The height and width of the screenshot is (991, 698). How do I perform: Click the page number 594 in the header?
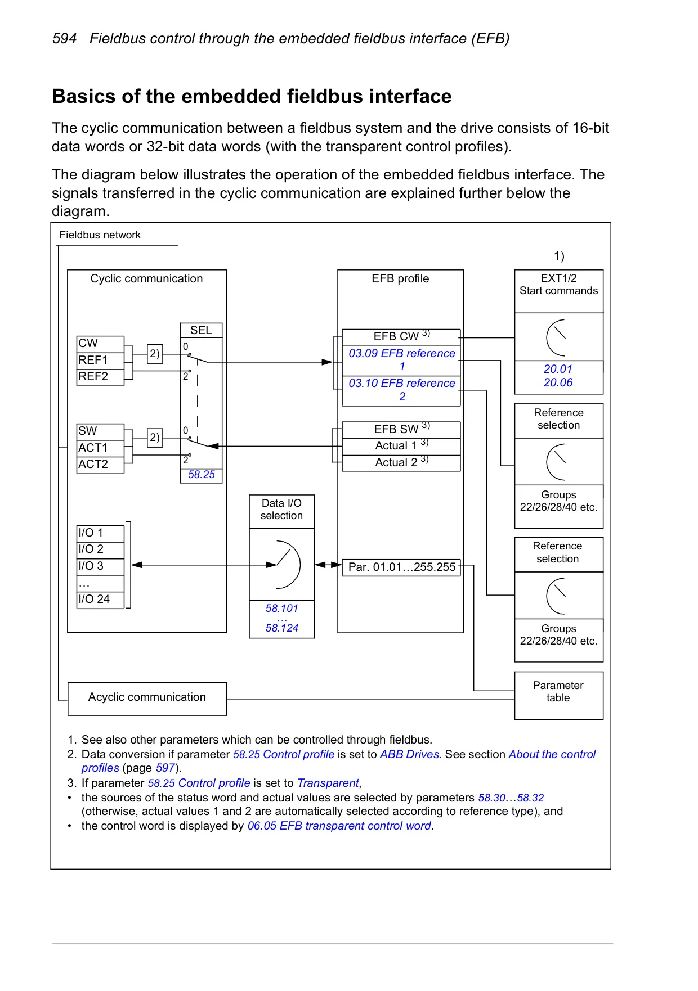coord(64,39)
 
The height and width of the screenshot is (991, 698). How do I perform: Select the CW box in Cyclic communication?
coord(100,344)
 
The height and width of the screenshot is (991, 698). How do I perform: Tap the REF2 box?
coord(100,377)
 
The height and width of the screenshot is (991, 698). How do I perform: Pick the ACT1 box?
coord(100,448)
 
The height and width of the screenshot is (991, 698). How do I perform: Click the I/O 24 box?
coord(100,600)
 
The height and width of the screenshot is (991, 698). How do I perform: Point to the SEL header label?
coord(201,330)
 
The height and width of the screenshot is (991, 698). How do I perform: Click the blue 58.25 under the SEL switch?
coord(202,475)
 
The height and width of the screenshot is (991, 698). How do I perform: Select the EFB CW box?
coord(401,337)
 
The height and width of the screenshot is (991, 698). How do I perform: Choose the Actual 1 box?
coord(401,446)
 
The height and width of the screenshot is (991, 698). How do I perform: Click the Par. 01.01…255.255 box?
coord(401,567)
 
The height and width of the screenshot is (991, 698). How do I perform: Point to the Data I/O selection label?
coord(281,510)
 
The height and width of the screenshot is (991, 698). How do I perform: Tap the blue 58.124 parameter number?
coord(282,628)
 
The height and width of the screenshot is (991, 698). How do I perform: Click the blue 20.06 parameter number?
coord(558,383)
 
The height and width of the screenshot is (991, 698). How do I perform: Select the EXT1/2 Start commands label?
coord(559,285)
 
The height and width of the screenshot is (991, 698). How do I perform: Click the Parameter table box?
coord(559,696)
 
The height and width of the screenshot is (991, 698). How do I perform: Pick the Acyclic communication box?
coord(147,699)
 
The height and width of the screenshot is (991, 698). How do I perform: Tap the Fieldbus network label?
coord(100,235)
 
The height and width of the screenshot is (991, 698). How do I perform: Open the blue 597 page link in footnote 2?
coord(165,768)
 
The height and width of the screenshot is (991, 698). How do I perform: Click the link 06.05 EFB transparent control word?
coord(339,826)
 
